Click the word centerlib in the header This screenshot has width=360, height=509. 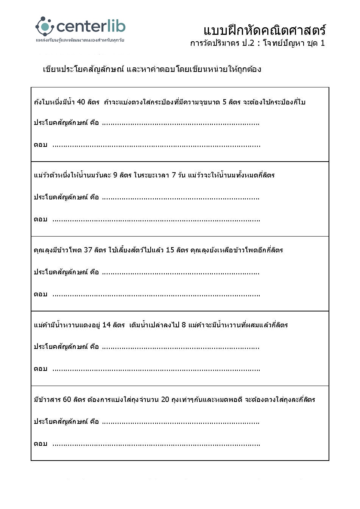[x=91, y=26]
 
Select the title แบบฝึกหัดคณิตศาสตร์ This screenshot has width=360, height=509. [x=264, y=30]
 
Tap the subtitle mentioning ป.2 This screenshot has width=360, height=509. [x=257, y=43]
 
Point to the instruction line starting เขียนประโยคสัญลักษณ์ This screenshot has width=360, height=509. [x=152, y=69]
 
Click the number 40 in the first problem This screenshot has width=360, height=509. [x=81, y=102]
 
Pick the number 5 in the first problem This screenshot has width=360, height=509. [x=224, y=102]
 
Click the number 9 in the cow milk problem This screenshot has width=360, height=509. [x=115, y=175]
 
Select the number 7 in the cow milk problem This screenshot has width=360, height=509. [x=174, y=175]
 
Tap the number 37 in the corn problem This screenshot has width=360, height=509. [x=88, y=250]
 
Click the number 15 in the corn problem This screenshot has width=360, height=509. [x=170, y=250]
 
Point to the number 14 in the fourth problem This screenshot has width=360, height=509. [x=106, y=325]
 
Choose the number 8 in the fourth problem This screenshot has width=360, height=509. [x=184, y=325]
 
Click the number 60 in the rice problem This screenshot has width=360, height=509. [x=67, y=400]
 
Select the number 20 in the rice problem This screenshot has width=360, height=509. [x=165, y=400]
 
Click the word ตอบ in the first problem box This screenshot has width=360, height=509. [x=41, y=145]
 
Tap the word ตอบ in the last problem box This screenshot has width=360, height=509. [x=41, y=444]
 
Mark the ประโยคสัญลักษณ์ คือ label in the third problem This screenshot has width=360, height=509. [x=66, y=272]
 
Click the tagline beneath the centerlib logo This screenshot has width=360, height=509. [x=80, y=40]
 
